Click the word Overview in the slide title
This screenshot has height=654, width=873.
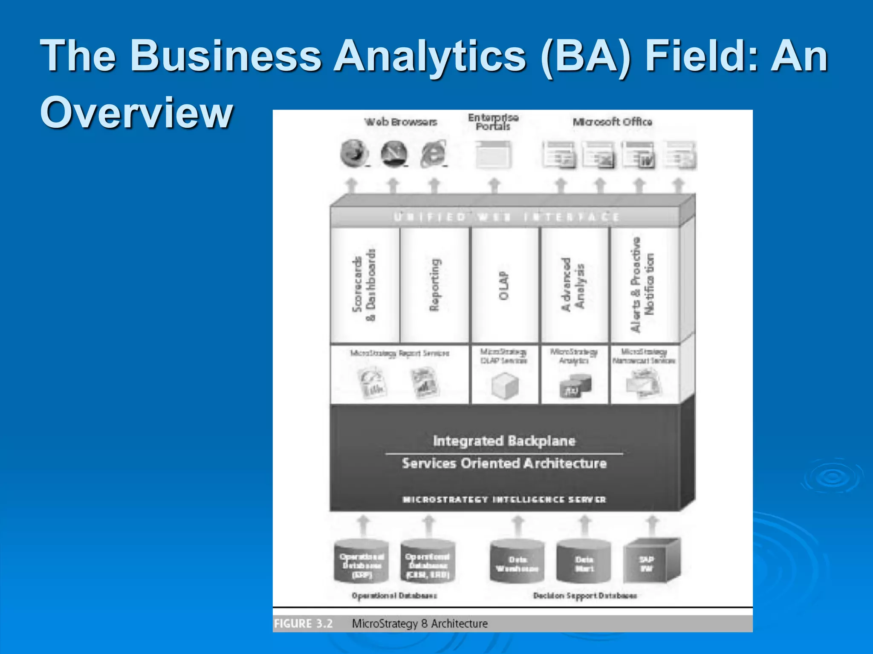(x=136, y=112)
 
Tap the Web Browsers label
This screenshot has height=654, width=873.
(x=401, y=122)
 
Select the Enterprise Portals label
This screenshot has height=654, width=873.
(x=493, y=122)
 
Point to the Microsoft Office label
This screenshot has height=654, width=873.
(x=612, y=122)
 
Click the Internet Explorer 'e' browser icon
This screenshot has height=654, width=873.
(x=433, y=154)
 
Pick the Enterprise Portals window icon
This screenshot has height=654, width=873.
(x=493, y=155)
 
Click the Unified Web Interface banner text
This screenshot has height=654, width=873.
(x=506, y=217)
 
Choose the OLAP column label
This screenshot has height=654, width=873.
(x=504, y=285)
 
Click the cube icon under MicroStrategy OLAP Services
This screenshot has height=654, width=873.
(x=505, y=386)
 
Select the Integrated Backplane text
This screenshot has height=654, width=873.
(x=504, y=441)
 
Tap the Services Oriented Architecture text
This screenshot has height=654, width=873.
(x=504, y=463)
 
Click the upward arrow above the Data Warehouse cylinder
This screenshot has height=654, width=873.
(x=517, y=525)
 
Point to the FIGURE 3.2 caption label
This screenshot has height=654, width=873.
(x=303, y=624)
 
